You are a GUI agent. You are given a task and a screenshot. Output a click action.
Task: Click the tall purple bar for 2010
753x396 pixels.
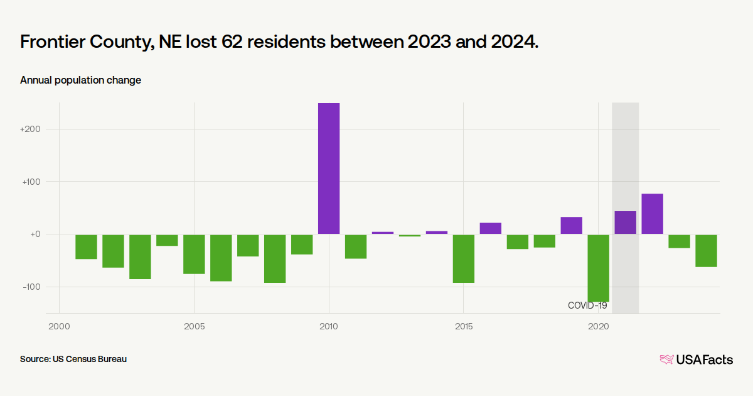(x=329, y=168)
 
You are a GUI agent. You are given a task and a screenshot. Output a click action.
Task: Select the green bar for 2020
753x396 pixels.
(x=598, y=268)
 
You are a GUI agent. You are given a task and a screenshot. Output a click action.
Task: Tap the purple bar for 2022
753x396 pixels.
(x=652, y=214)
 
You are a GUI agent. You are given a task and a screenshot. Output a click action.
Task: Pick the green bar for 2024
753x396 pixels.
(x=706, y=250)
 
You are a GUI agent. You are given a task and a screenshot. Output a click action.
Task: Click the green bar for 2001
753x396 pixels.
(x=86, y=246)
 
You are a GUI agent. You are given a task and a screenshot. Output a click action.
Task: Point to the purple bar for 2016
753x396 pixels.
(x=491, y=228)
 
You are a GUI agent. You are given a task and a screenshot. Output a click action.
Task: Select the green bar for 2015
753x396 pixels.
(x=464, y=258)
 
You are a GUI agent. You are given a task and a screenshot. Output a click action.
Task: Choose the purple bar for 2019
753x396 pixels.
(x=571, y=225)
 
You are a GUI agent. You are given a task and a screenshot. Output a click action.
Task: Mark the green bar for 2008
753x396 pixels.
(x=275, y=258)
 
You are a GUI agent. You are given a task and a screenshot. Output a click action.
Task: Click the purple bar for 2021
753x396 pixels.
(x=625, y=223)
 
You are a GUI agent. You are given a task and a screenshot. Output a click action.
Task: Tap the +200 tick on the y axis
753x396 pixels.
(x=30, y=129)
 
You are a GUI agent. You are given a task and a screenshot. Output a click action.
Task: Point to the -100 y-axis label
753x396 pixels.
(x=31, y=287)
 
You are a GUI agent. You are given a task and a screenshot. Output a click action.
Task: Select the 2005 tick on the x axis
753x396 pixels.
(x=194, y=327)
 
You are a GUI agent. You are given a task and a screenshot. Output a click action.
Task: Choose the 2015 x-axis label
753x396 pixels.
(x=464, y=327)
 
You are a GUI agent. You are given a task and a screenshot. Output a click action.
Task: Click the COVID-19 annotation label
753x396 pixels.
(x=587, y=305)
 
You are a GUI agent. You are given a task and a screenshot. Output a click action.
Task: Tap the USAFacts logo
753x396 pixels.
(x=696, y=360)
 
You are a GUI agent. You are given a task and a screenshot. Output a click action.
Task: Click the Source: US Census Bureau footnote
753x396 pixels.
(x=73, y=359)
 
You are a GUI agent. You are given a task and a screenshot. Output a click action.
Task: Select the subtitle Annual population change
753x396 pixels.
(x=80, y=80)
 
